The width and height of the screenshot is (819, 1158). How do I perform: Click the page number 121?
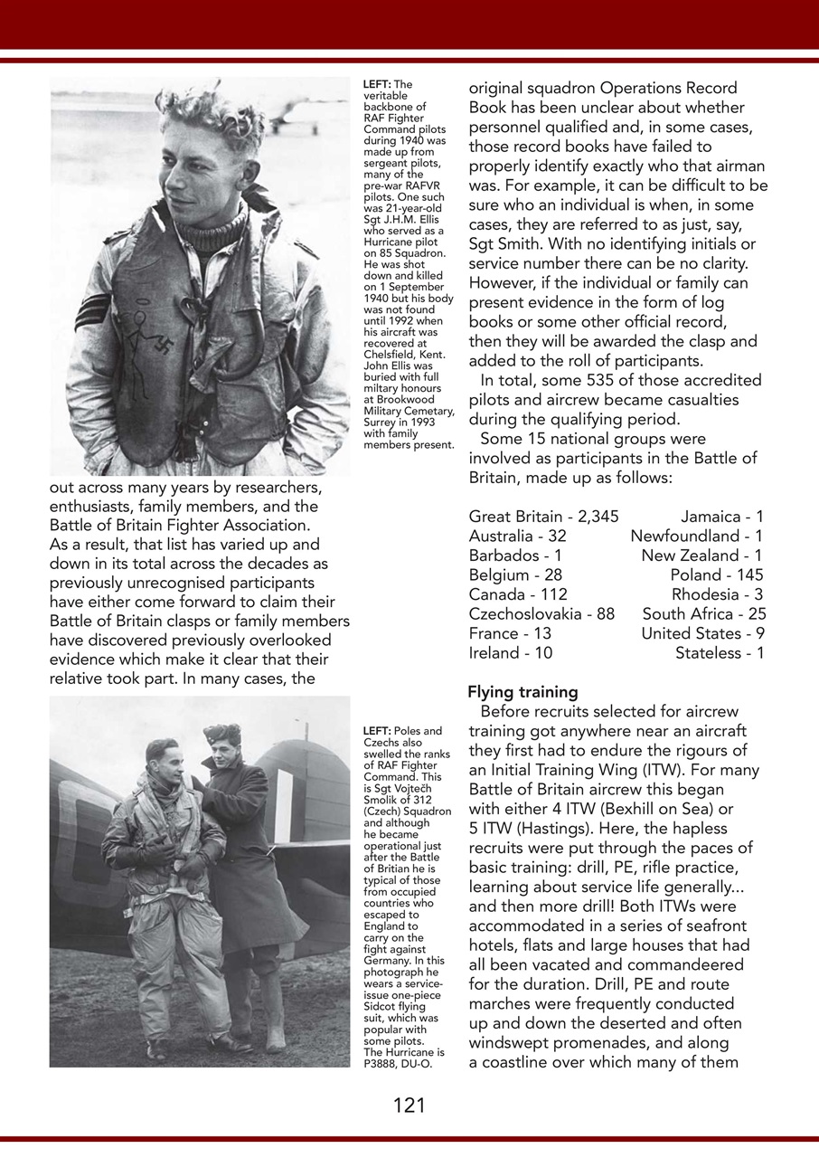click(409, 1105)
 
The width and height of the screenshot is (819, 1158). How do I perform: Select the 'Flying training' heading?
click(522, 692)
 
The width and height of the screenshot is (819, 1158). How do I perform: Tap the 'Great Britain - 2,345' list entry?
click(543, 517)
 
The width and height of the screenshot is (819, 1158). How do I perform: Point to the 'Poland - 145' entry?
click(716, 575)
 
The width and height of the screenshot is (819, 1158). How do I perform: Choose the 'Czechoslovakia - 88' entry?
click(541, 614)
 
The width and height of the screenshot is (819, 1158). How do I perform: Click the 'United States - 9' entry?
click(701, 633)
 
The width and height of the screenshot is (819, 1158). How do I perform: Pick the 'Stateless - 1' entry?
click(719, 653)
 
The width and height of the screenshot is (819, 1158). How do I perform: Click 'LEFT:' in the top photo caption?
click(376, 84)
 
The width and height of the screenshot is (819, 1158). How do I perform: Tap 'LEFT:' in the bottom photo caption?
click(376, 731)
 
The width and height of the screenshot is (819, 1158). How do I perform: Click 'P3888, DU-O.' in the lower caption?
click(398, 1063)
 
